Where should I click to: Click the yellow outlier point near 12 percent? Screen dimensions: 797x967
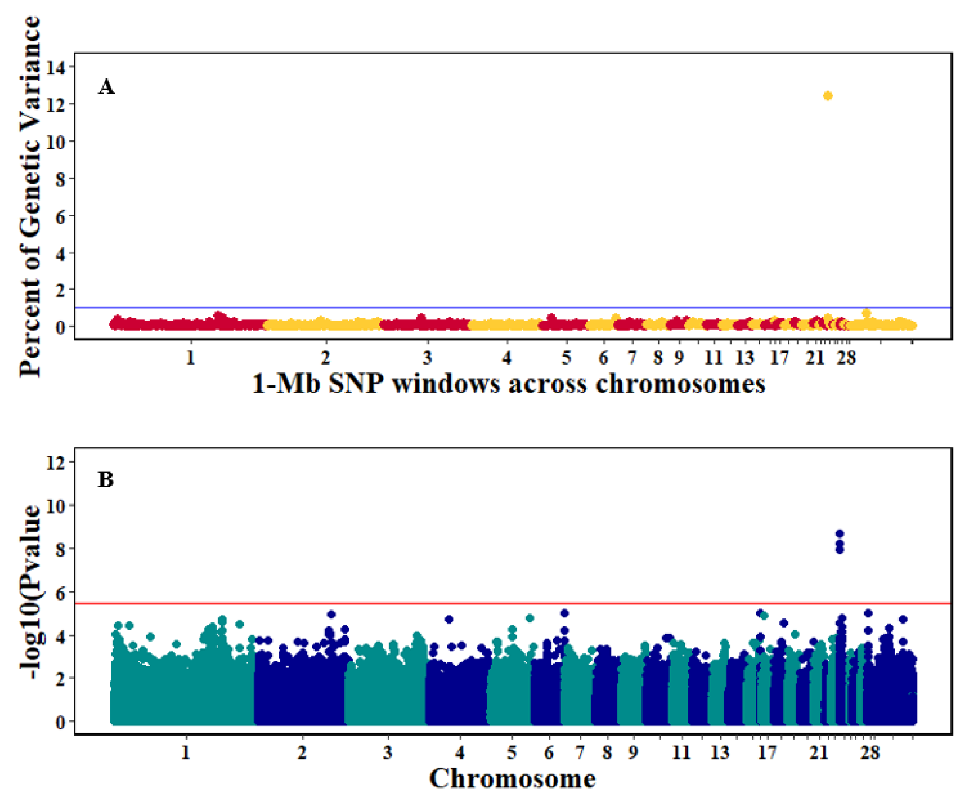point(828,96)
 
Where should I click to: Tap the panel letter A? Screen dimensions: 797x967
point(107,87)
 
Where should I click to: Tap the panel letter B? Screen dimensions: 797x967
point(106,480)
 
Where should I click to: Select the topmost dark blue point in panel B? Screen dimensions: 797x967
point(840,534)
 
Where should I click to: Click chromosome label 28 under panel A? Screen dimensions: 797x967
point(846,357)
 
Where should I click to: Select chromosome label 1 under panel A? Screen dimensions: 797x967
point(190,357)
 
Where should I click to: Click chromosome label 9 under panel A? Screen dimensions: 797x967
point(679,357)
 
